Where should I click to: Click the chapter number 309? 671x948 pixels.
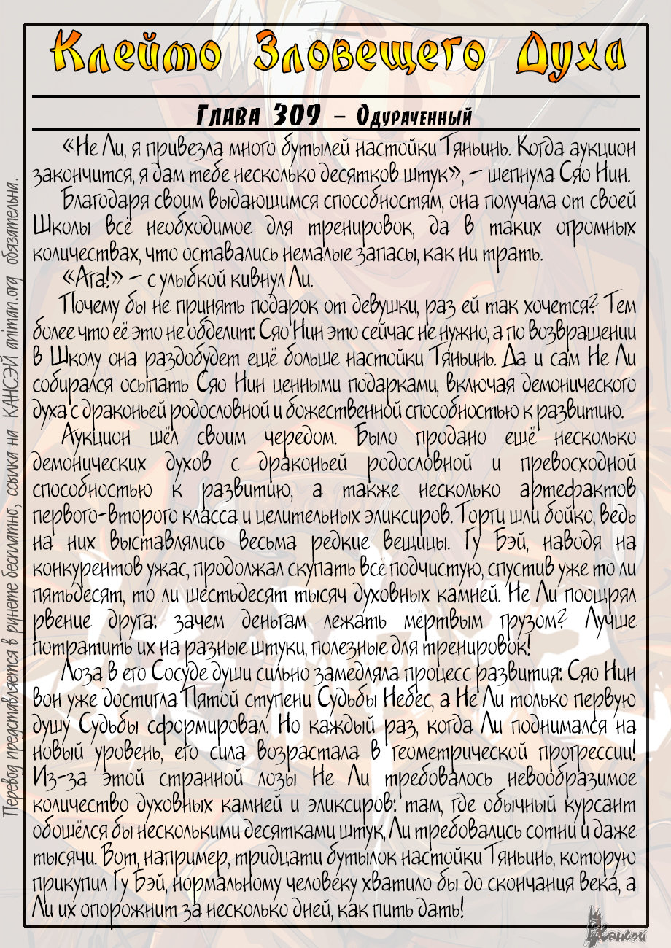click(287, 115)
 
